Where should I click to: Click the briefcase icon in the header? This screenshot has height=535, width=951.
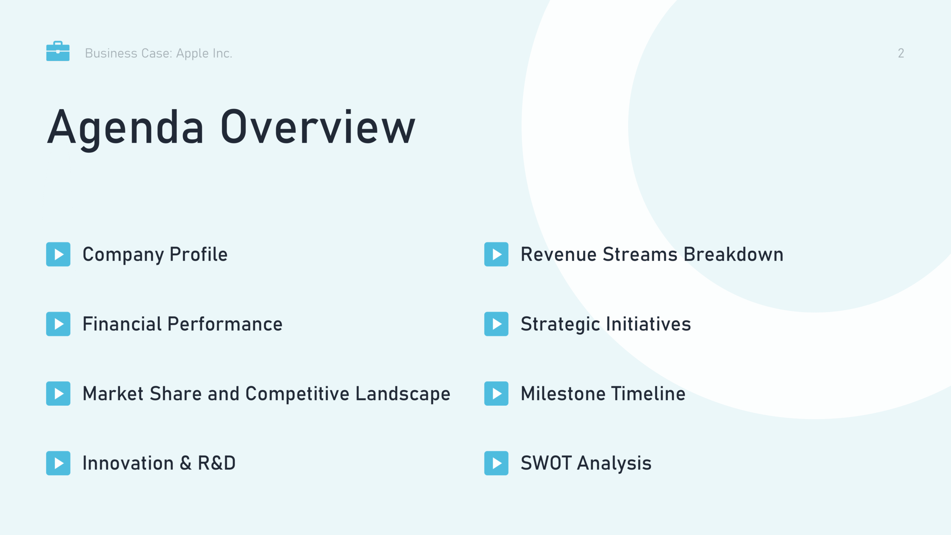(58, 51)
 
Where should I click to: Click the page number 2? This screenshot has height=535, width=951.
(901, 53)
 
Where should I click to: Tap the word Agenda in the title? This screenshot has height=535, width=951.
(126, 128)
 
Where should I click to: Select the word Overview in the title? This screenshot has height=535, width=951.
(318, 127)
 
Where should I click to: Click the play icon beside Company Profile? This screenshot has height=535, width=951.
(58, 254)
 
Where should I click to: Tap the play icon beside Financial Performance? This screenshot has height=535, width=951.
(58, 324)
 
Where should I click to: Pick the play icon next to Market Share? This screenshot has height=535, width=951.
(58, 393)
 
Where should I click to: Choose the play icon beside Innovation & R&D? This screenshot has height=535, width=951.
(58, 463)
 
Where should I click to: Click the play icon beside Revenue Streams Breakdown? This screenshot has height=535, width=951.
(496, 254)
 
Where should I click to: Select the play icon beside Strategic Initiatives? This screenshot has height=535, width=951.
(496, 324)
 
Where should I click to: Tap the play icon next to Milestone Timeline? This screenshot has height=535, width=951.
(496, 393)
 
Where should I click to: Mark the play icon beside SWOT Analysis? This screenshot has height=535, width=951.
(496, 463)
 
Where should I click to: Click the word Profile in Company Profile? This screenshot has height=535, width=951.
(198, 254)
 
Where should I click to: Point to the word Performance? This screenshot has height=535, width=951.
(225, 324)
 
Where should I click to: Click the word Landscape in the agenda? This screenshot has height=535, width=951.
(403, 394)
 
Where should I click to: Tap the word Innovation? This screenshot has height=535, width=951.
(128, 463)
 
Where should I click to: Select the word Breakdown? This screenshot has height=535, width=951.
(733, 254)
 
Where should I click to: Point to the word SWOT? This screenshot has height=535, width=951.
(546, 463)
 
